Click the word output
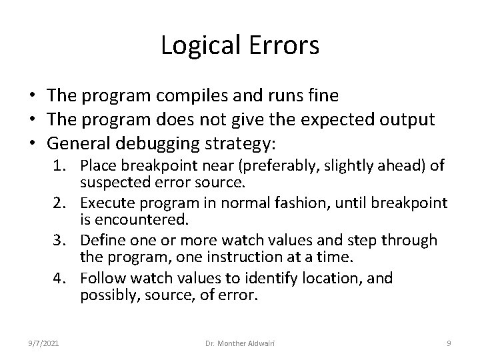(408, 119)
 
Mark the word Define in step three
(103, 240)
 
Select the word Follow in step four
(104, 277)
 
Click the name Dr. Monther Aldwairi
(240, 343)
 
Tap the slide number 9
(449, 343)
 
